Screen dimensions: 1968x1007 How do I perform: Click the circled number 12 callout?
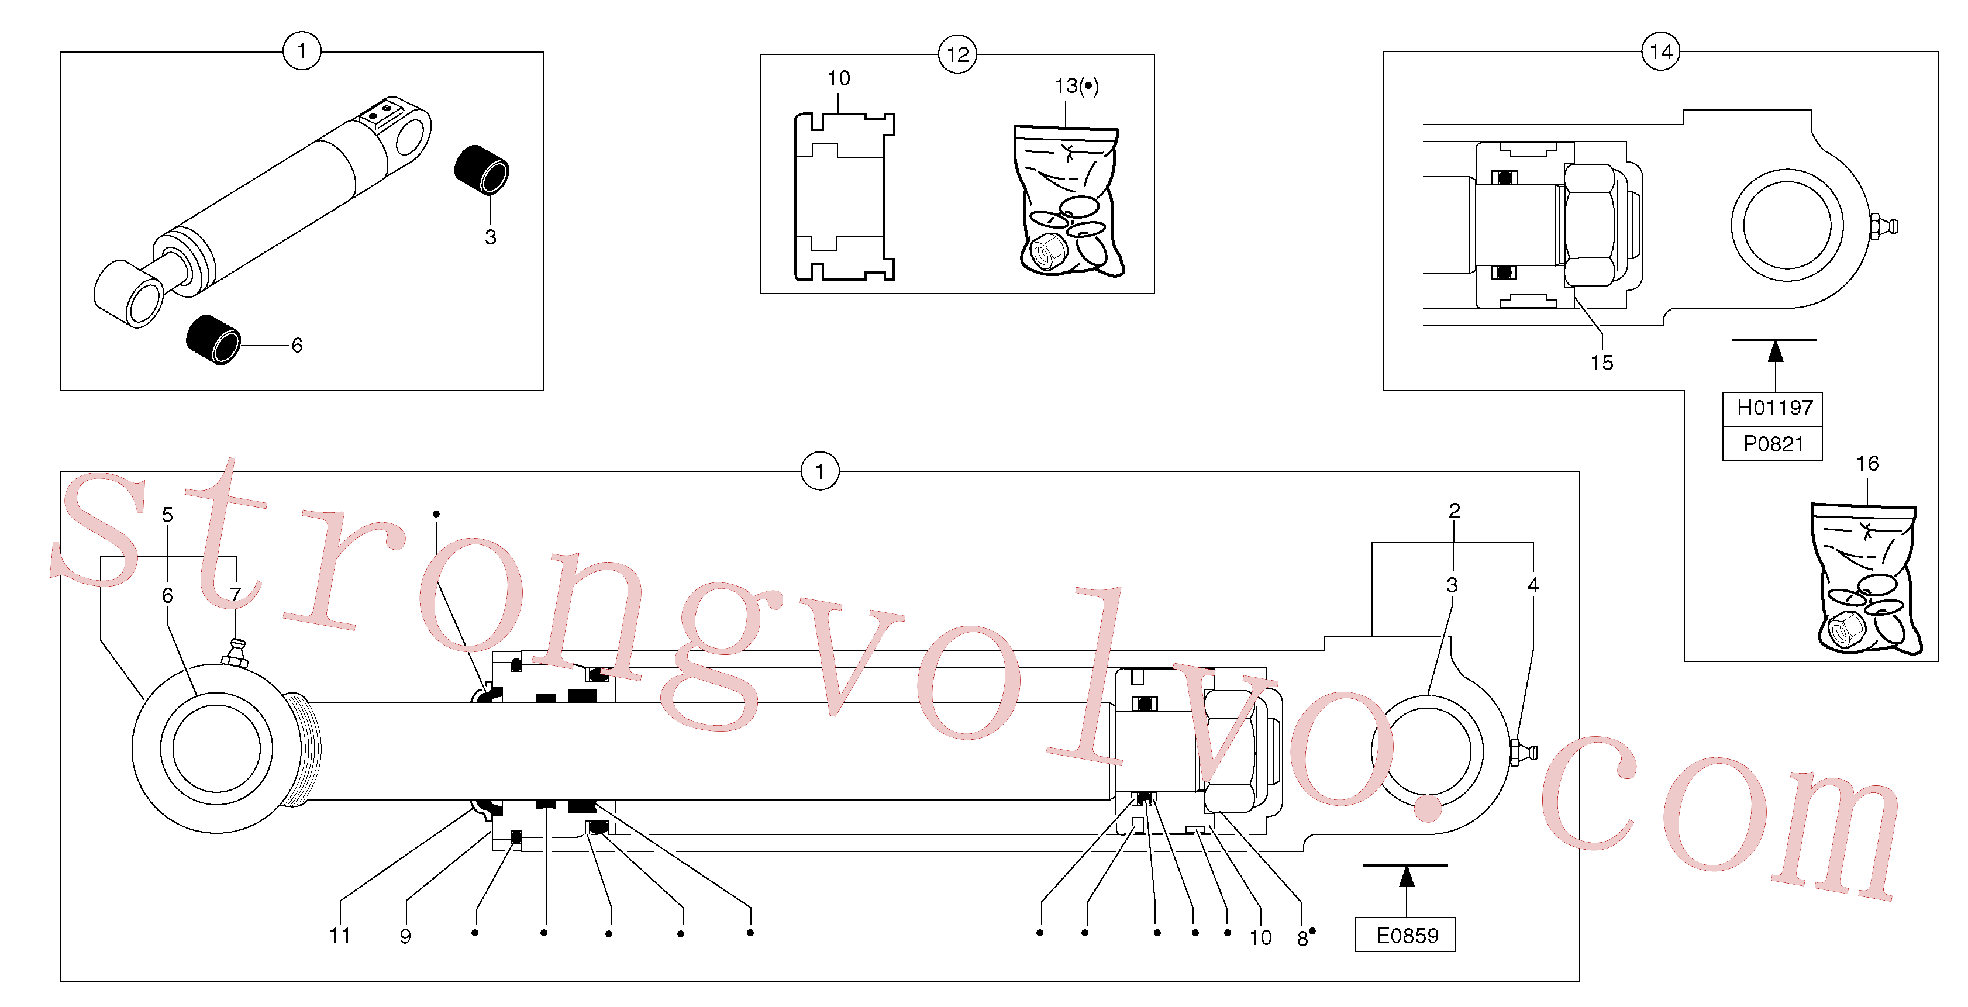tap(957, 54)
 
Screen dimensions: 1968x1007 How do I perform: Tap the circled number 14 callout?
tap(1660, 51)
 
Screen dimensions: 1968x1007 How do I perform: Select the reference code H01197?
tap(1774, 408)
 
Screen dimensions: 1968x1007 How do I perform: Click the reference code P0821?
tap(1773, 444)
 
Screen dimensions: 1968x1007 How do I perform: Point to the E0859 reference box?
tap(1406, 934)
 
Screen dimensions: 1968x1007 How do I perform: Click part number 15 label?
tap(1601, 363)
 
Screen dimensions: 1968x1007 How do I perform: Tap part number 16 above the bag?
tap(1867, 463)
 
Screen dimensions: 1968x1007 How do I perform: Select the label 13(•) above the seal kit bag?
tap(1077, 85)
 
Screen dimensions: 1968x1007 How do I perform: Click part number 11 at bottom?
tap(339, 935)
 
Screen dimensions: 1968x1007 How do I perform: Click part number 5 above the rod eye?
tap(167, 515)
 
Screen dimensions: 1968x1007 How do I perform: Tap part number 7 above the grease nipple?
tap(235, 594)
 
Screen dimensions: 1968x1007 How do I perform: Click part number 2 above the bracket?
tap(1454, 511)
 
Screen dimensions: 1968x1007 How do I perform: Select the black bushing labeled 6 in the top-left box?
tap(213, 340)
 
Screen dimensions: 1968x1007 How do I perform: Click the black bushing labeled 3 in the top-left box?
tap(481, 170)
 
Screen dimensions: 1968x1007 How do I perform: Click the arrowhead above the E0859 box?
tap(1407, 877)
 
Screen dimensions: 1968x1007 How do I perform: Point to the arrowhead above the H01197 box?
tap(1776, 351)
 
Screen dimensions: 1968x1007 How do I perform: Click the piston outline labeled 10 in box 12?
tap(844, 197)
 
